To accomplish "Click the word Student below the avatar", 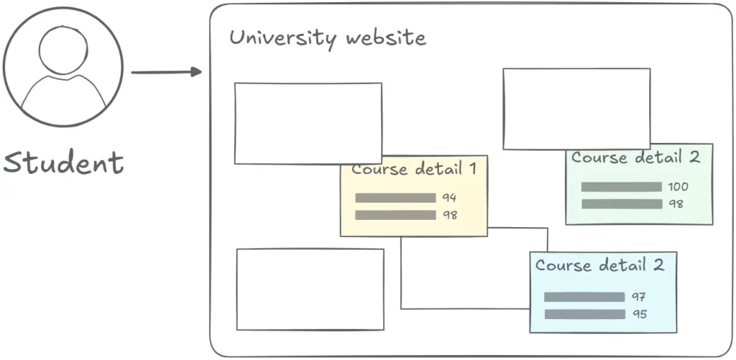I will tap(63, 162).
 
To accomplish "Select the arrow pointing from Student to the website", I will tap(166, 72).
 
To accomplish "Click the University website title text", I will tap(327, 37).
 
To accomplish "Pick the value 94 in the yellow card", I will tap(450, 198).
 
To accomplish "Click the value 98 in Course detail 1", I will tap(450, 215).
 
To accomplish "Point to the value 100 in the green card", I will tap(678, 187).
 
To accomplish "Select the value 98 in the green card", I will tap(676, 204).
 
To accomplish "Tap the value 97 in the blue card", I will tap(639, 297).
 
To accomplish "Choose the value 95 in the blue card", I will tap(639, 314).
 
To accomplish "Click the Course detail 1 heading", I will tap(414, 170).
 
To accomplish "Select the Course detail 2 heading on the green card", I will tap(635, 157).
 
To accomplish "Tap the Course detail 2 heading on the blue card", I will tap(599, 265).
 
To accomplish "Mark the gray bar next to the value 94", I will tap(395, 198).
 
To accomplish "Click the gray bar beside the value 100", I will tap(621, 187).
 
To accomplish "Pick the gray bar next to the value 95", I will tap(584, 314).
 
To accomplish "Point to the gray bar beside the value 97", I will tap(584, 297).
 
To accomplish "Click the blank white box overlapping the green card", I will tap(576, 109).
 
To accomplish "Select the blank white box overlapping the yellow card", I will tap(308, 123).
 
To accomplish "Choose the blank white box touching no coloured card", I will tap(310, 289).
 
